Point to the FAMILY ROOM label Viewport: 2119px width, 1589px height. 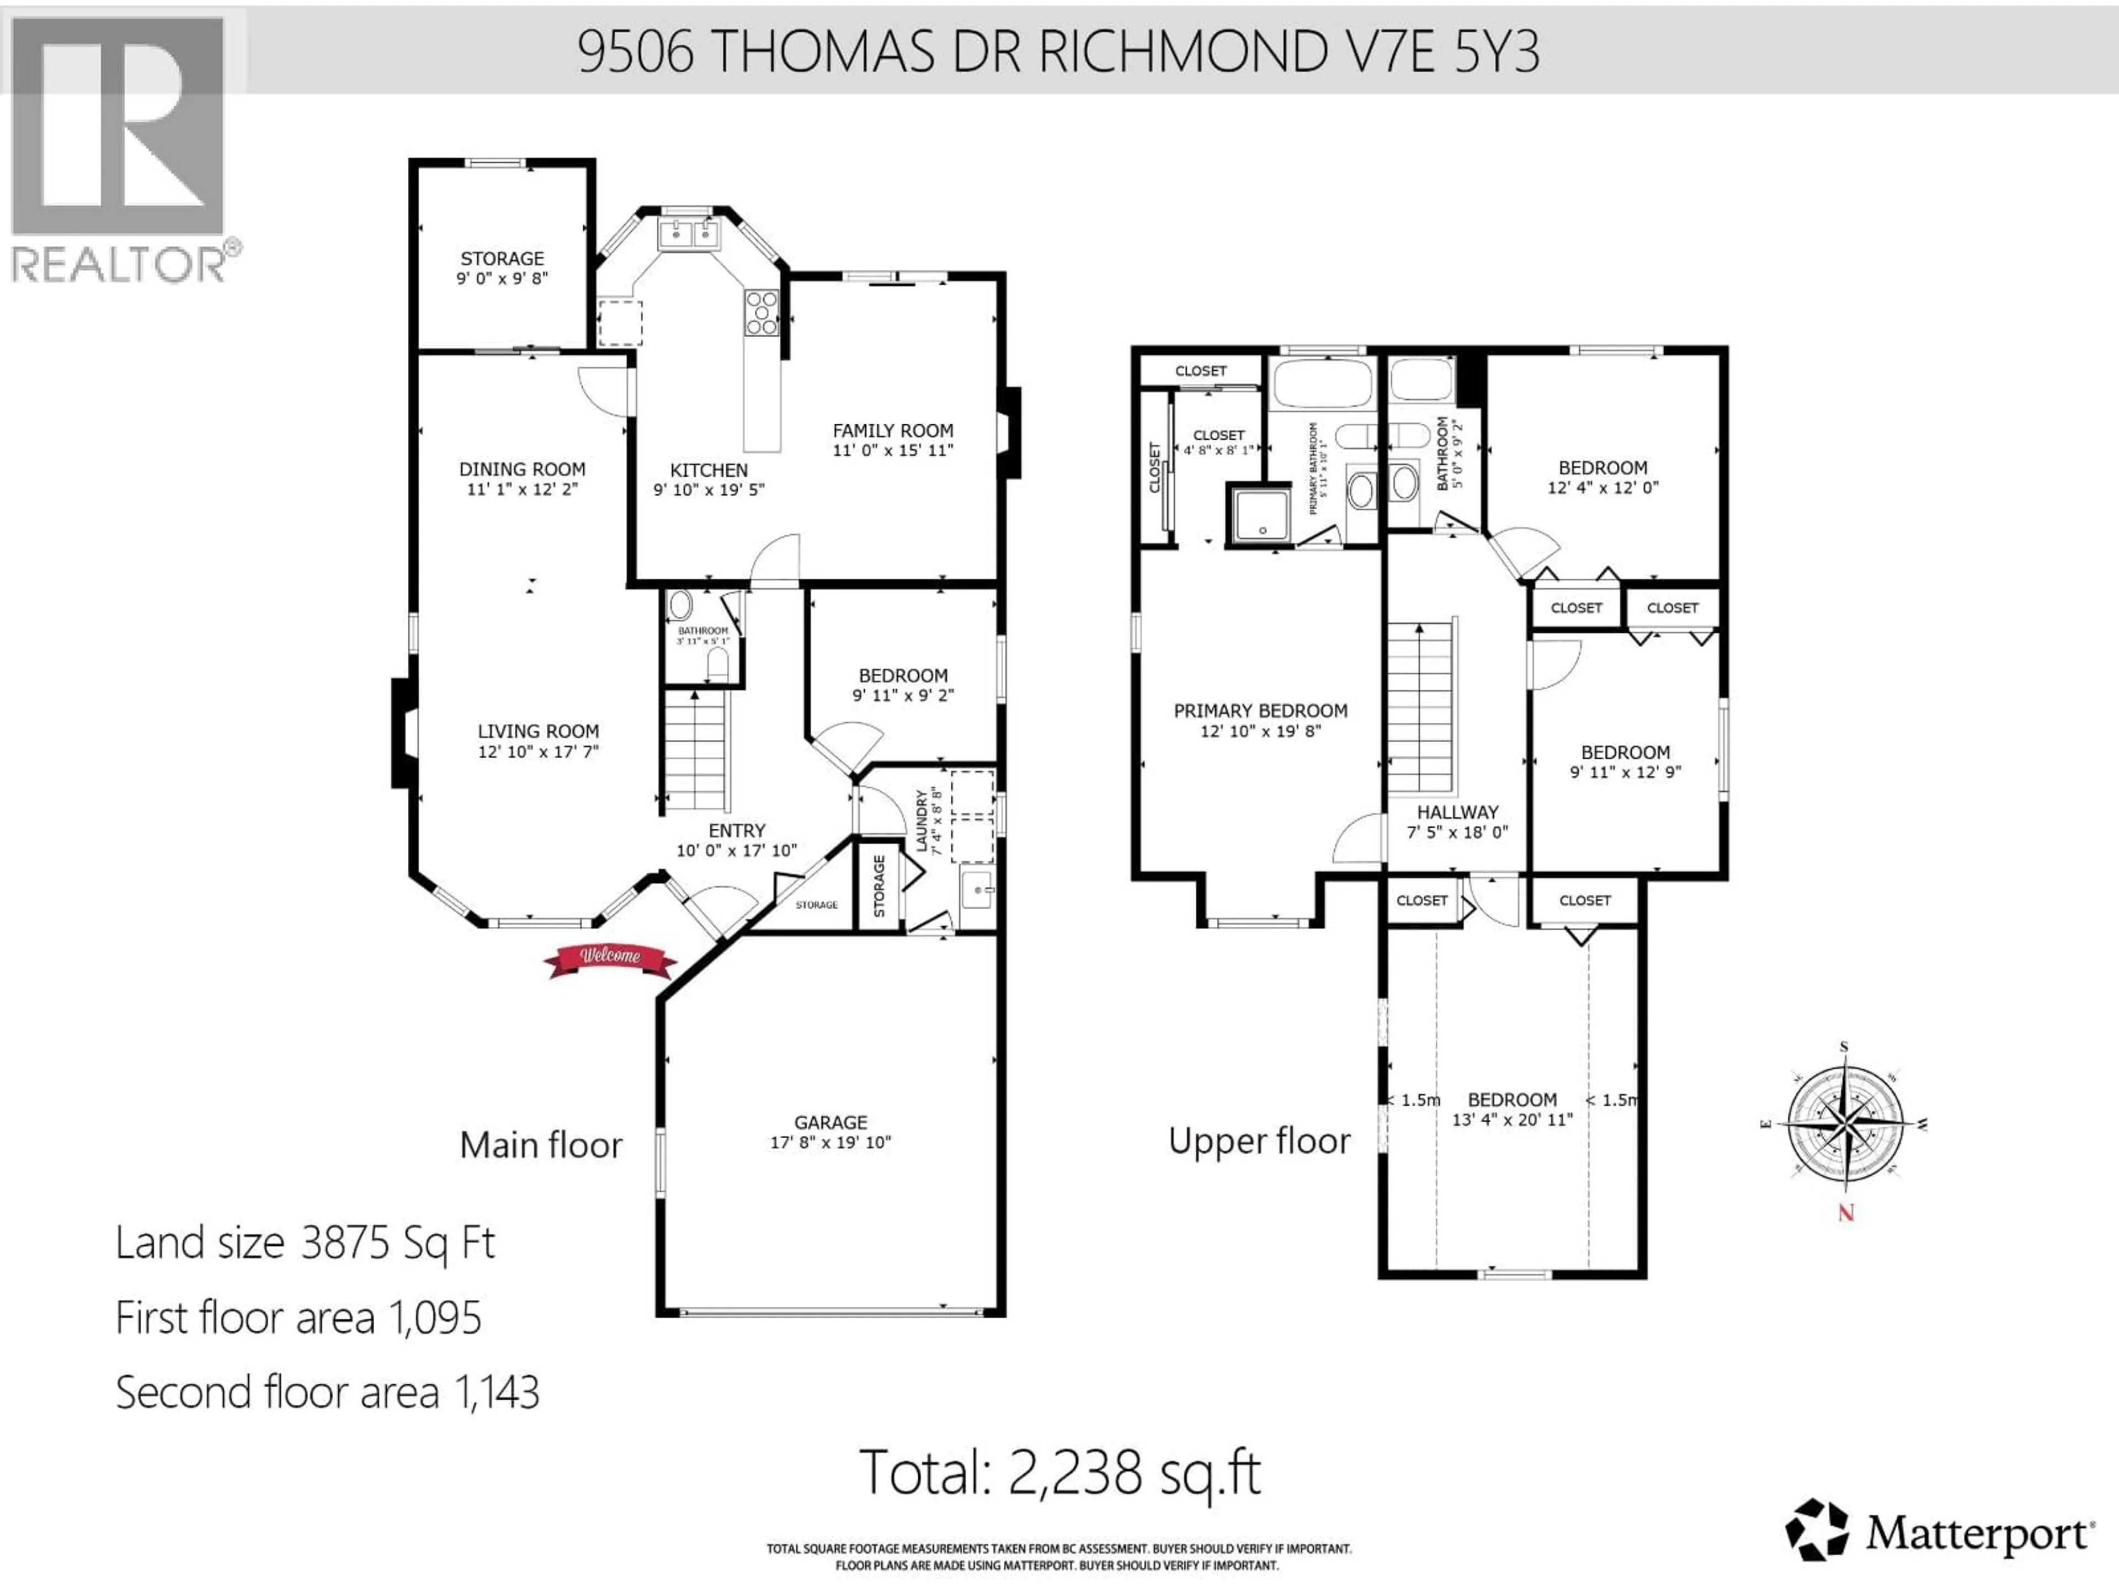pos(893,431)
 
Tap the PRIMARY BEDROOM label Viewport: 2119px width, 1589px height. pos(1261,711)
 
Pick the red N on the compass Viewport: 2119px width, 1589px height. pos(1846,1213)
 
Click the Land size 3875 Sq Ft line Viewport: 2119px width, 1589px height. pos(305,1243)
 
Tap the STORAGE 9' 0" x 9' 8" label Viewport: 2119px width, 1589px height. pos(502,268)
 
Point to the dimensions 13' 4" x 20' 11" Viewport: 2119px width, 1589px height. pos(1513,1119)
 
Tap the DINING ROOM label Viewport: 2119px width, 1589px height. pos(522,470)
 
